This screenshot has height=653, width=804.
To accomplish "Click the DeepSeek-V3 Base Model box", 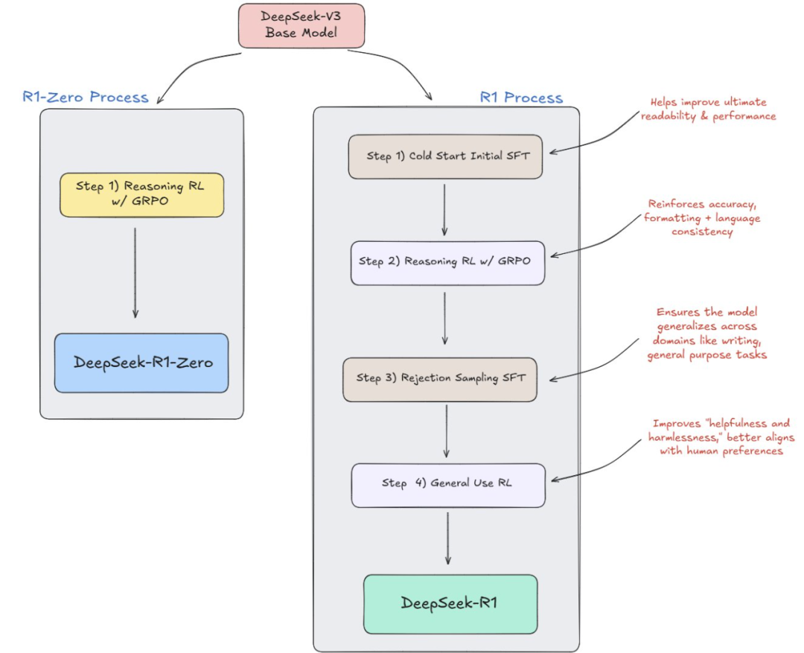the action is point(301,25).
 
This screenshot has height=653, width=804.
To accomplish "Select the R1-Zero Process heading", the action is point(86,97).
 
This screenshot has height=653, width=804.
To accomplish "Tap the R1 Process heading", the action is point(521,98).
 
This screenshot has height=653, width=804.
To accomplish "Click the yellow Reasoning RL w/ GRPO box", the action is point(142,195).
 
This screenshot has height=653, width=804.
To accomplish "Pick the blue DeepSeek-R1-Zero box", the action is point(141,363).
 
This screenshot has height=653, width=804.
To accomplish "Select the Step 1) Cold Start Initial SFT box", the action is point(446,157).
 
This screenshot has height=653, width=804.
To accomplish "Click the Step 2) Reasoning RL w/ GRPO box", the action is point(447,263).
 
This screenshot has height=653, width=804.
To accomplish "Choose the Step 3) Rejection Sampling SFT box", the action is point(440,380).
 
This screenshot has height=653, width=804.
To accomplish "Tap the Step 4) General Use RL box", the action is point(448,485).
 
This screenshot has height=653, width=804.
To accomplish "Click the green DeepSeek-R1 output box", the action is point(450,605).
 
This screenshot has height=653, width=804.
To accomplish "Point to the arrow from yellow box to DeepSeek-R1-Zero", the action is point(135,273).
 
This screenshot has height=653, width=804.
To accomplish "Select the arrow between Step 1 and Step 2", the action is point(444,210).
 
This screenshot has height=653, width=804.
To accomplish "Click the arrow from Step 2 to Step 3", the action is point(444,318).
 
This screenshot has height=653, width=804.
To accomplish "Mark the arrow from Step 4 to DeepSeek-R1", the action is point(447,538).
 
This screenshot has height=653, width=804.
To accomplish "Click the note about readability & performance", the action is point(708,109).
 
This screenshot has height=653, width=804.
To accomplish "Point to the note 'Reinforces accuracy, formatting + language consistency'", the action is point(702,218).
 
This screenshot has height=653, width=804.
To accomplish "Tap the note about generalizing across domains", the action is point(707,334).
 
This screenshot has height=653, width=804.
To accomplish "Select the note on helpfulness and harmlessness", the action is point(721,437).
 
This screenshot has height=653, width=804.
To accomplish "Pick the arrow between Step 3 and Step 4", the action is point(447,431).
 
